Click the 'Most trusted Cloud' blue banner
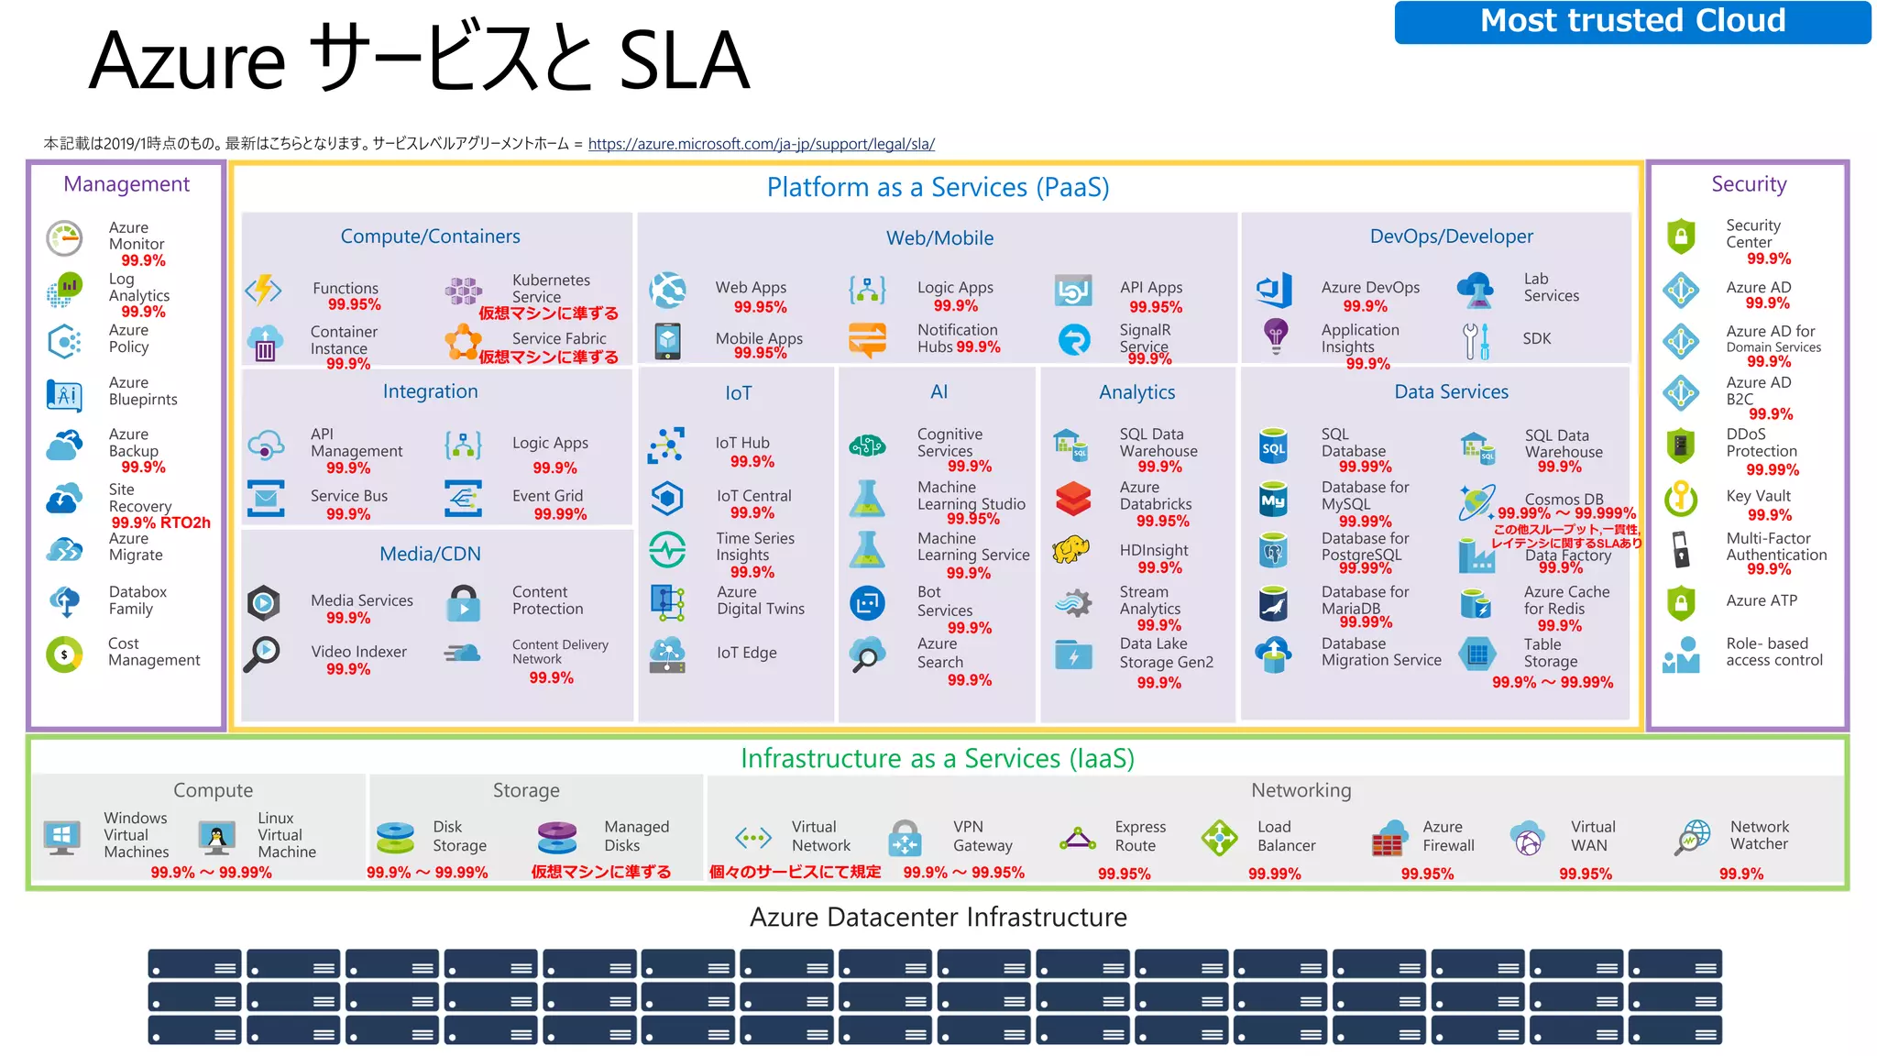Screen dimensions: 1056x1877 coord(1631,21)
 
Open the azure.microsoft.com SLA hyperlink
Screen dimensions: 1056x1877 coord(761,144)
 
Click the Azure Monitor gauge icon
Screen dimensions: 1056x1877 coord(64,238)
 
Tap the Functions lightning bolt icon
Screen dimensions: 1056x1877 coord(264,291)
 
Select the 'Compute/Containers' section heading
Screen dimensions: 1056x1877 coord(430,236)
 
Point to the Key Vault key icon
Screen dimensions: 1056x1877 coord(1680,498)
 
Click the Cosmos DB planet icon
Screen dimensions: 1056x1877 coord(1476,502)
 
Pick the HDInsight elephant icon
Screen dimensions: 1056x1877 coord(1071,549)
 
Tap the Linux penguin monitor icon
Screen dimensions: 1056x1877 coord(217,836)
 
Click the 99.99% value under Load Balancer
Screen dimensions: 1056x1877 coord(1274,874)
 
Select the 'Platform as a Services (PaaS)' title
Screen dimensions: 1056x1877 coord(938,188)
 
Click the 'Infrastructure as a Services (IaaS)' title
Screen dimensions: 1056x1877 coord(937,759)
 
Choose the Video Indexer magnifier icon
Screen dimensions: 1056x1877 coord(262,654)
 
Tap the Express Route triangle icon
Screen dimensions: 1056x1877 coord(1078,839)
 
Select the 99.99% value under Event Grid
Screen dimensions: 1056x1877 coord(560,514)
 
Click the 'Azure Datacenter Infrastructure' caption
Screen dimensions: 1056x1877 coord(938,917)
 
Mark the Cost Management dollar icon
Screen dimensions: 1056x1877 coord(64,654)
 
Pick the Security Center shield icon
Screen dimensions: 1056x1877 coord(1680,236)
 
